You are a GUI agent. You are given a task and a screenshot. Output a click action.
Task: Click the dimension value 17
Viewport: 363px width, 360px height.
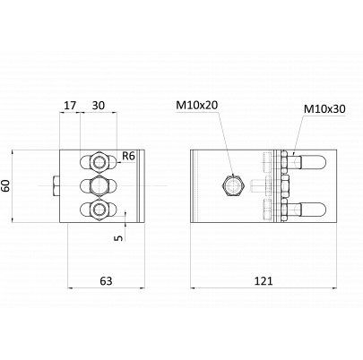click(x=71, y=106)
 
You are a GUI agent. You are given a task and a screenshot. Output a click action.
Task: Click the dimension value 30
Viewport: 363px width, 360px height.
click(x=99, y=106)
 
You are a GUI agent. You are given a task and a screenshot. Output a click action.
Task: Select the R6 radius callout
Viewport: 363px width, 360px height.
click(x=128, y=156)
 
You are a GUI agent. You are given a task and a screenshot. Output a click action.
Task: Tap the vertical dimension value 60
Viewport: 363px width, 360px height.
click(x=5, y=185)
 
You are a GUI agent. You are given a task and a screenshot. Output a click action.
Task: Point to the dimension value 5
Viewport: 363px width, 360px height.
click(x=119, y=237)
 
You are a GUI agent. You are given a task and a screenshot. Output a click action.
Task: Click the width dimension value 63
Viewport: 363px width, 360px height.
click(x=106, y=281)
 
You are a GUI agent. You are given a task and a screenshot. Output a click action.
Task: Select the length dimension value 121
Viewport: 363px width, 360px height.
click(x=264, y=281)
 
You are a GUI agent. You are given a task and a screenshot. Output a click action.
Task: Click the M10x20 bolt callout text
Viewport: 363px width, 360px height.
click(x=197, y=105)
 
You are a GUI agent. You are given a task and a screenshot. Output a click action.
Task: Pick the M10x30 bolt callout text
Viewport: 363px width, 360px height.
click(x=324, y=108)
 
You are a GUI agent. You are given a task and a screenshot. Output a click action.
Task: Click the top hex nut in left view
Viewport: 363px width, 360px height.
click(x=99, y=162)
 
